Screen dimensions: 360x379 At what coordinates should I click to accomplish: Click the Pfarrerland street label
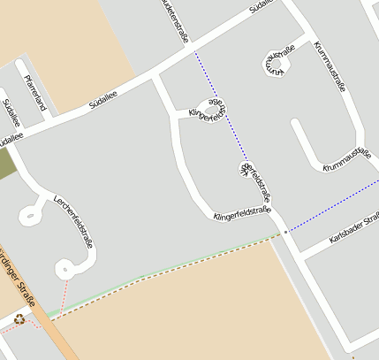coord(34,93)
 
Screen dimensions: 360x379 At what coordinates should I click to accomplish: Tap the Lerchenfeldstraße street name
coord(73,220)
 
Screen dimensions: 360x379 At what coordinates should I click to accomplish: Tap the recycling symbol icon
coord(19,318)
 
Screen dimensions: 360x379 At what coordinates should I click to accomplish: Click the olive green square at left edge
coord(7,164)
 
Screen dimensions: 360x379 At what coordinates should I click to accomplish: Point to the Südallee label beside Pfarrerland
coord(11,113)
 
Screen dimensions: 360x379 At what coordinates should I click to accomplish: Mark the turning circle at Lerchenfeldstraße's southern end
coord(64,267)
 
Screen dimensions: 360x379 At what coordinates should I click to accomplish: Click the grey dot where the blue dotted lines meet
coord(284,232)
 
